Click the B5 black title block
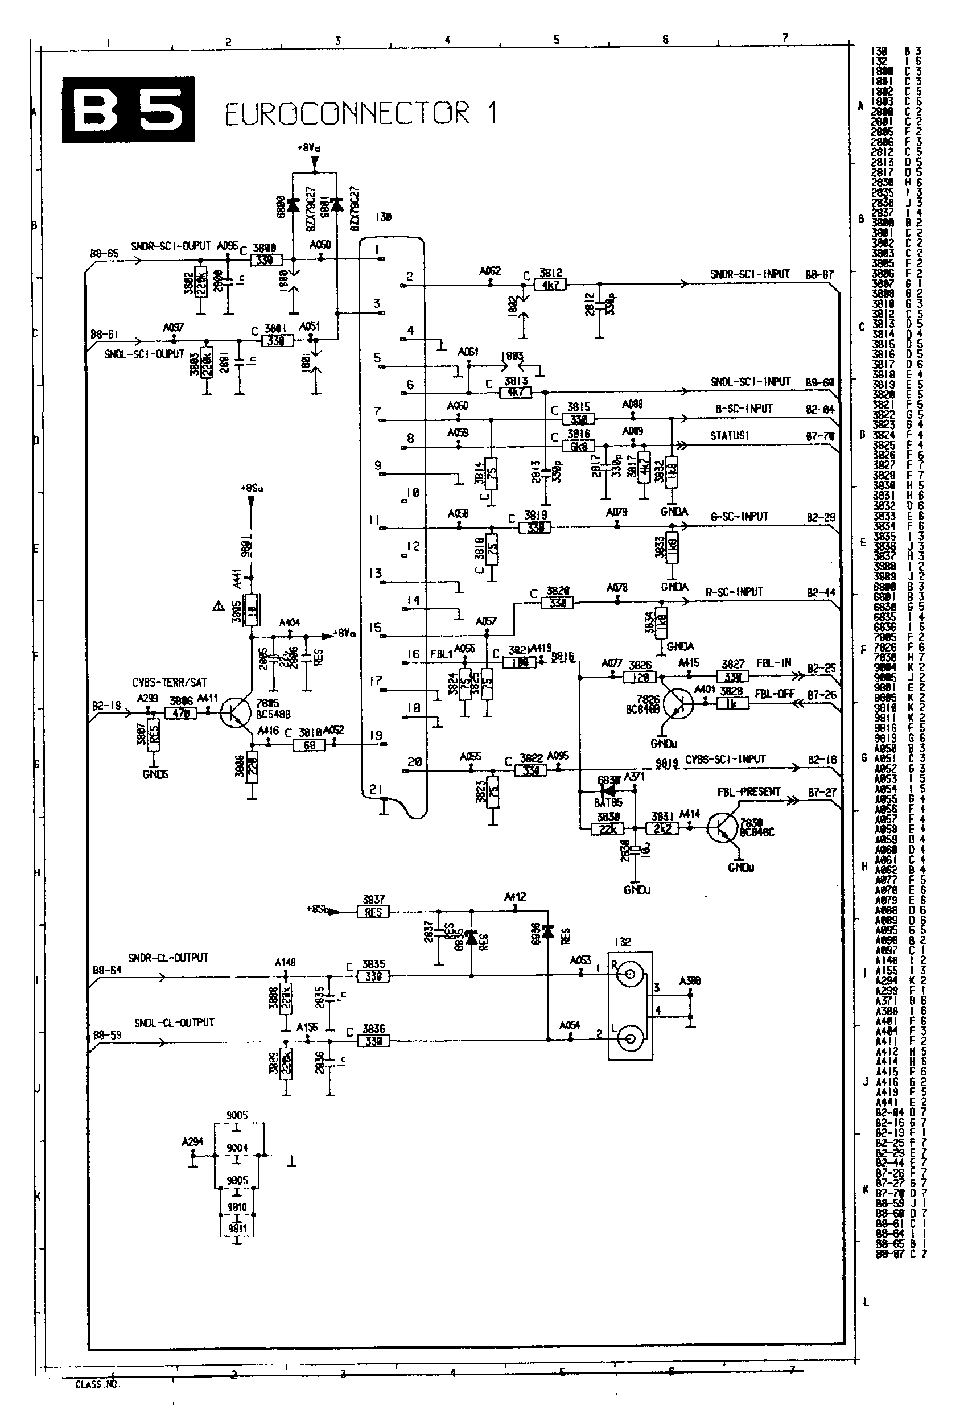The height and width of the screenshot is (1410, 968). pos(128,109)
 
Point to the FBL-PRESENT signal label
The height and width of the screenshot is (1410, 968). pos(748,791)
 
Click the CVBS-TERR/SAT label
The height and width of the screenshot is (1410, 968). pos(170,683)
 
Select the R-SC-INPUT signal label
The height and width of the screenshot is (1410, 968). pos(734,592)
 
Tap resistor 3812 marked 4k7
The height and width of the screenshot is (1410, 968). pos(550,285)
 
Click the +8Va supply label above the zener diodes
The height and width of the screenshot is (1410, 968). pos(308,147)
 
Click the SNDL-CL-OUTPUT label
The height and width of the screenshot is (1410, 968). pos(174,1023)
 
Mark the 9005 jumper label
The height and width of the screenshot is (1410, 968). pos(237,1115)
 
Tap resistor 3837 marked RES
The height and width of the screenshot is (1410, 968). pos(373,912)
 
